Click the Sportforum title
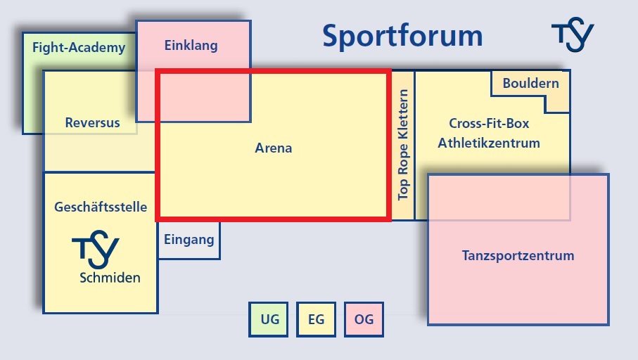(x=402, y=37)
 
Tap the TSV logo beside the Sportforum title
(x=573, y=34)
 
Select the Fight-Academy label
(x=79, y=48)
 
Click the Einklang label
(x=191, y=46)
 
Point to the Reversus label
(x=92, y=122)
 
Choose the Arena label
(x=274, y=148)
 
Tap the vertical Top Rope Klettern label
(x=403, y=145)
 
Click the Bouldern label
(x=530, y=83)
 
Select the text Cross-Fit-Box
(x=489, y=123)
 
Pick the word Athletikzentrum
(x=489, y=143)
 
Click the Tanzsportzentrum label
(x=518, y=255)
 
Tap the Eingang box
(x=189, y=240)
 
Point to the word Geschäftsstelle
(x=101, y=207)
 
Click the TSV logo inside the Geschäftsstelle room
(x=96, y=250)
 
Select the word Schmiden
(x=110, y=278)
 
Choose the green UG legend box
(x=269, y=319)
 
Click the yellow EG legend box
(x=316, y=319)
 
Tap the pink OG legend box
(x=364, y=319)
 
